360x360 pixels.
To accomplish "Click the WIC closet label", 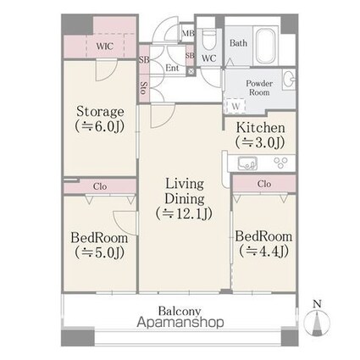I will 105,47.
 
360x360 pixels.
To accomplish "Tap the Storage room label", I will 101,118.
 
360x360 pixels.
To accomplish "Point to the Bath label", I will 238,42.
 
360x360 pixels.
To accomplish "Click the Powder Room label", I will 258,88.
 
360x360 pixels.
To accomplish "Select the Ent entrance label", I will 171,67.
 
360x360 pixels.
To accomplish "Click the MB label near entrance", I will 187,34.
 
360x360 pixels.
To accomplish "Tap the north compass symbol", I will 317,320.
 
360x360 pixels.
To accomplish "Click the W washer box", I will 235,106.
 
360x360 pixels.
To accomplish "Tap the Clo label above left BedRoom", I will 100,184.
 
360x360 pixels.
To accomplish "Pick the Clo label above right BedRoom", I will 263,184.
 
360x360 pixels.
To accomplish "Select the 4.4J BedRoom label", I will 263,243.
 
